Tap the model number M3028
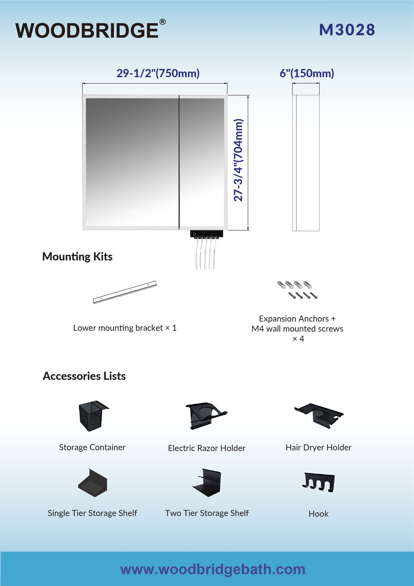(347, 30)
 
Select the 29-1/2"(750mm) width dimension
(158, 73)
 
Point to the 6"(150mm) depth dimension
(307, 73)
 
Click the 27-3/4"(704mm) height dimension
(238, 160)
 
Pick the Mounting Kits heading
(77, 257)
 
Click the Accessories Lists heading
(84, 376)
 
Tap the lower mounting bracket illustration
(125, 292)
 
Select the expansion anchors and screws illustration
(297, 290)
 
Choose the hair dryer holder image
(319, 416)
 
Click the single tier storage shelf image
(93, 483)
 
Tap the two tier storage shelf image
(207, 483)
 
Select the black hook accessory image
(318, 482)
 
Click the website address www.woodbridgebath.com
(213, 569)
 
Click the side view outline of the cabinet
(306, 163)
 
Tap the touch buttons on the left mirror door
(131, 211)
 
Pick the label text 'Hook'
(319, 514)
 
